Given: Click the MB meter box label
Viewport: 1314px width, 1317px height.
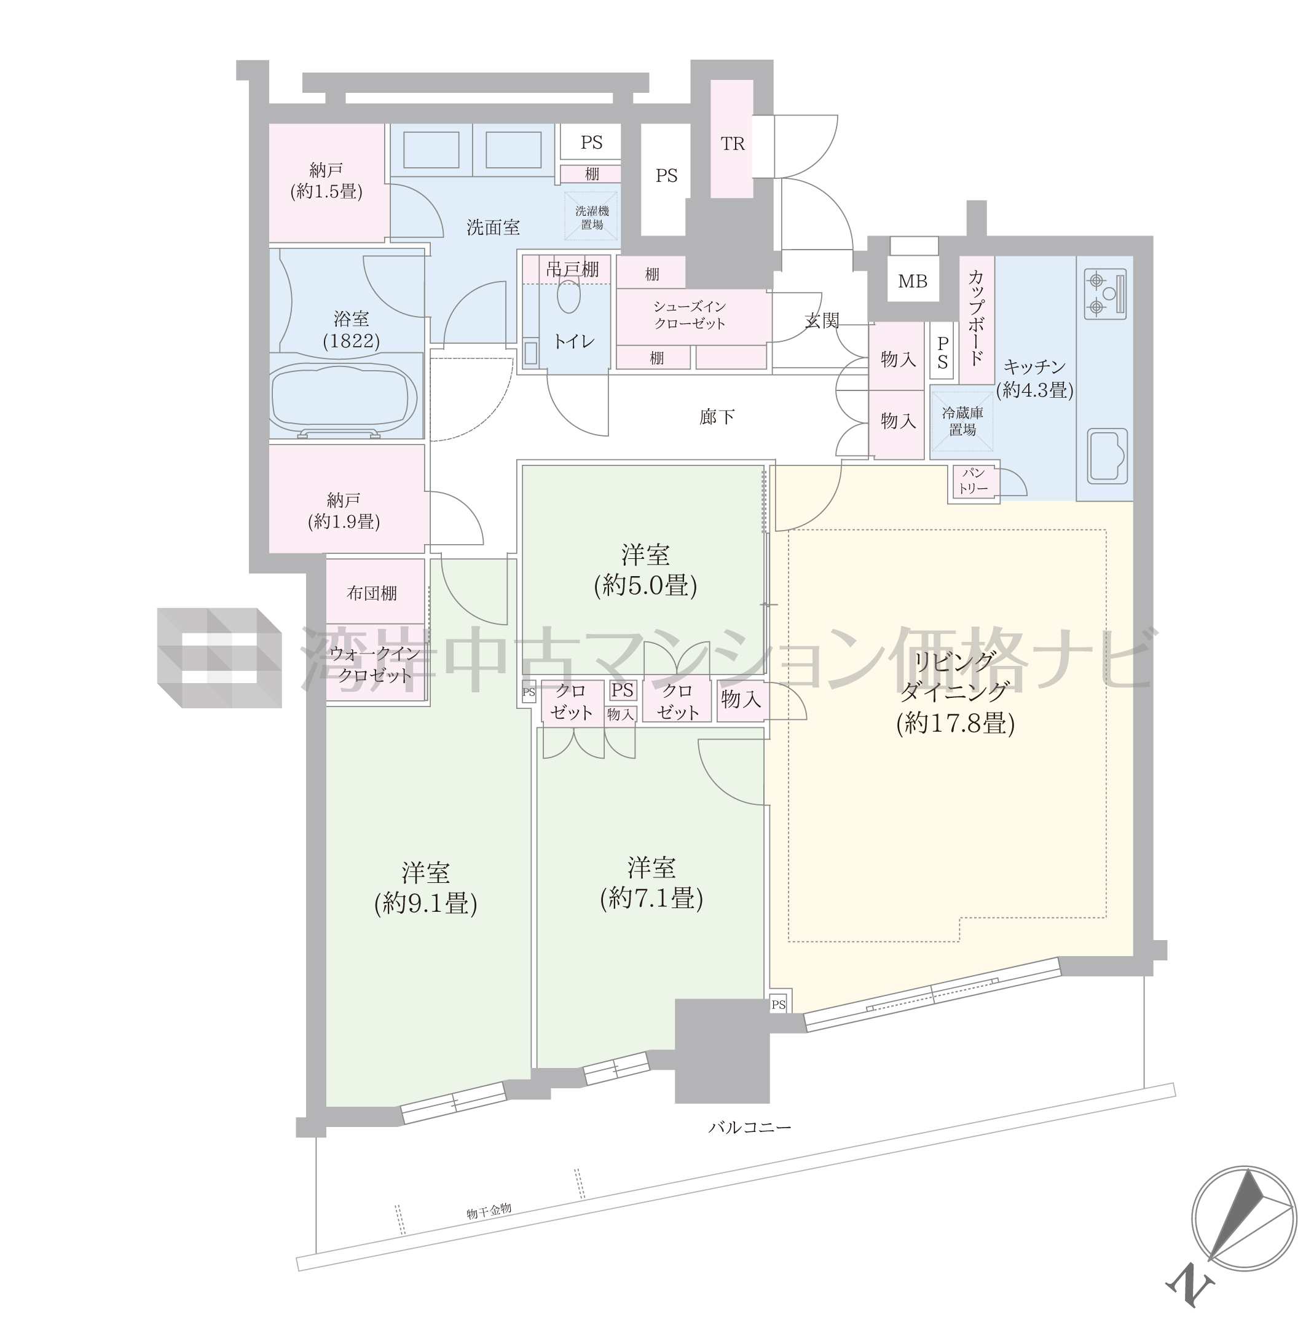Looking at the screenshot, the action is [913, 281].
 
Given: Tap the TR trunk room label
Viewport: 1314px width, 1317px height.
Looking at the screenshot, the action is [733, 144].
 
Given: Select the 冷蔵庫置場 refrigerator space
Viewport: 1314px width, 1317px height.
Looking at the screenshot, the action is [962, 421].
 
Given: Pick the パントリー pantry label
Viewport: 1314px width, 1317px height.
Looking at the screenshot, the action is [974, 481].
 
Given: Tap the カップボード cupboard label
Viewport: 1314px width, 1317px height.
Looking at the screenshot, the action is [976, 318].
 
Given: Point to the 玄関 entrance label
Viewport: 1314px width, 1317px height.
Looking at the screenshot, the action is [822, 320].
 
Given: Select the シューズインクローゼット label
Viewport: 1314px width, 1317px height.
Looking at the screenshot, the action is [690, 315].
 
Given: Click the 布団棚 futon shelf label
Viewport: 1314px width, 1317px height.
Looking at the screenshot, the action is [371, 593].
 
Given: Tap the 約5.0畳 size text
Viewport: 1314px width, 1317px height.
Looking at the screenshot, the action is [645, 585].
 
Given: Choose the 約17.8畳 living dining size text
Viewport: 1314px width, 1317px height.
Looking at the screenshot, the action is [956, 722].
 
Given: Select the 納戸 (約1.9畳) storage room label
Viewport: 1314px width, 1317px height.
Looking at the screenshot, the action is [344, 512].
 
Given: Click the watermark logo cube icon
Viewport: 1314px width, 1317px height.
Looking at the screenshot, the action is [219, 658].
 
